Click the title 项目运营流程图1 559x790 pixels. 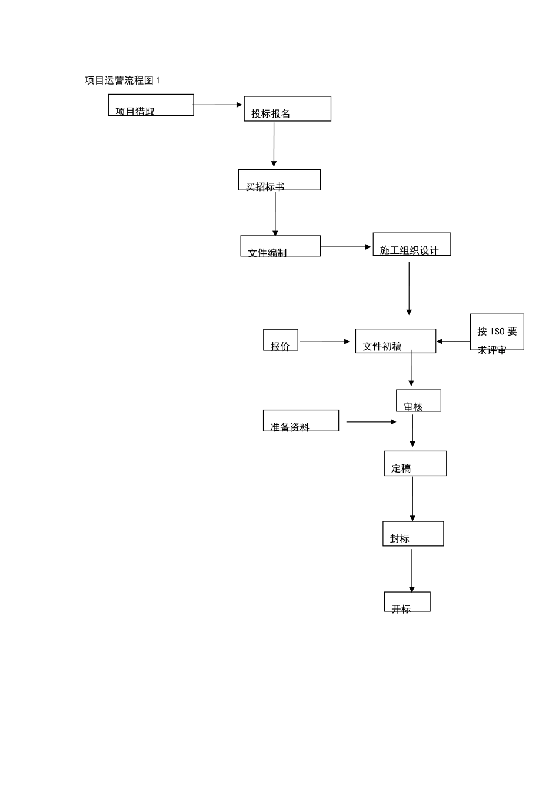click(122, 81)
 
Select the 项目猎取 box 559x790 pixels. click(151, 105)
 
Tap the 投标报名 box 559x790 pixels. click(287, 109)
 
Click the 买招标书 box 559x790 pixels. click(279, 180)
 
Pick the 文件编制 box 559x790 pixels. click(280, 246)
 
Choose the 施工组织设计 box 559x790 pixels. click(411, 245)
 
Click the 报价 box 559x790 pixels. click(280, 340)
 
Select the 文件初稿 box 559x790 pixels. click(395, 341)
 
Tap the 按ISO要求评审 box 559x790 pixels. click(497, 332)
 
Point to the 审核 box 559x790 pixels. click(418, 401)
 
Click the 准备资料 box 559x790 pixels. click(301, 421)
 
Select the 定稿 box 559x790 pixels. click(415, 463)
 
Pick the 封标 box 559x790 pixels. click(412, 534)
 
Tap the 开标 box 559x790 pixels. click(407, 601)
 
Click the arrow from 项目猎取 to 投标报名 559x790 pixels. click(218, 105)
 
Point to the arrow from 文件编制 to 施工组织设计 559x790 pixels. click(346, 247)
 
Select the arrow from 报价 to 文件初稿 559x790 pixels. click(325, 342)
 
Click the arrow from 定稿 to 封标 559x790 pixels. click(412, 498)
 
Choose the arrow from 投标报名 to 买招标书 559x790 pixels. click(274, 145)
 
